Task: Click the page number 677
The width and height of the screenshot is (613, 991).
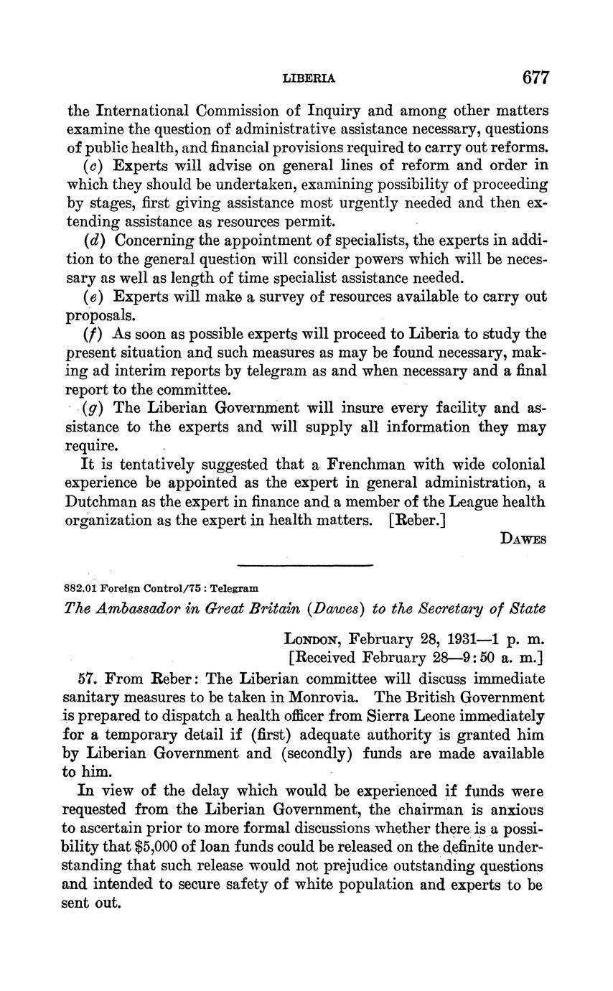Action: click(x=535, y=78)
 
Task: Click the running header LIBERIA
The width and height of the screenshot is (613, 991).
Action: click(x=309, y=78)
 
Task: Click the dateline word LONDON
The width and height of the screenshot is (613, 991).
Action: click(x=312, y=638)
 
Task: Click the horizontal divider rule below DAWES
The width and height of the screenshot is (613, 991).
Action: click(x=305, y=565)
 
